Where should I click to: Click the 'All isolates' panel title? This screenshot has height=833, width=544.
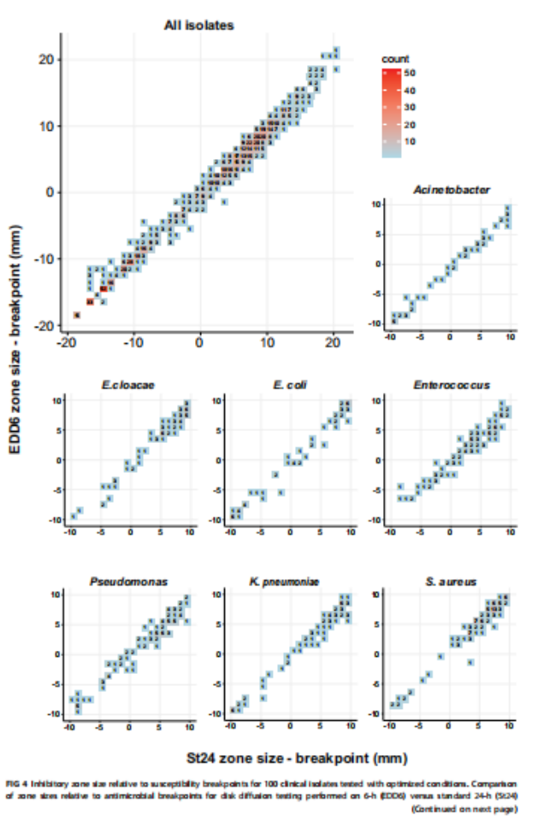[198, 25]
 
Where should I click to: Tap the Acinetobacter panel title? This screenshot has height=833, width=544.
[451, 190]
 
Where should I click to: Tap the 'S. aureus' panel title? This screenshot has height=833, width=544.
[451, 582]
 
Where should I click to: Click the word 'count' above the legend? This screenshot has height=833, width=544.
[393, 59]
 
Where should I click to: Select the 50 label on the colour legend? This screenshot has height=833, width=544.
[410, 74]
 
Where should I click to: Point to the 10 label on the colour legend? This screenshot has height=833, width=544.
[410, 140]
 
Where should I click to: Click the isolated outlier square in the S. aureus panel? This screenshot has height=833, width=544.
[470, 662]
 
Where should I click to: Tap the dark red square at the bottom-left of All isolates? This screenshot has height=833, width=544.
[76, 316]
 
